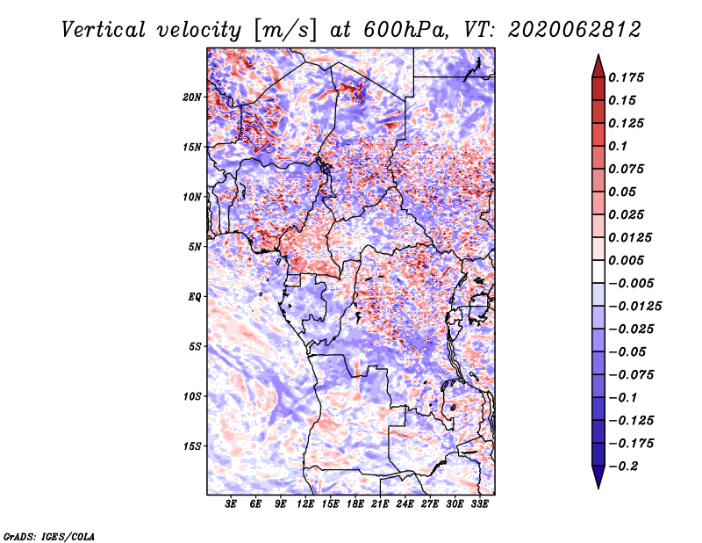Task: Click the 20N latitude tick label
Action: pyautogui.click(x=192, y=97)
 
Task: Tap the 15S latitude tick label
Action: pyautogui.click(x=192, y=445)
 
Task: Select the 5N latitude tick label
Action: pyautogui.click(x=195, y=246)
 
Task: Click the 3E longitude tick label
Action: pyautogui.click(x=232, y=504)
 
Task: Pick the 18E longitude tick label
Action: pyautogui.click(x=356, y=504)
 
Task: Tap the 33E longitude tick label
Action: pyautogui.click(x=480, y=504)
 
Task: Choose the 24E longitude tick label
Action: pyautogui.click(x=405, y=504)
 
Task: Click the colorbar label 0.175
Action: pyautogui.click(x=627, y=77)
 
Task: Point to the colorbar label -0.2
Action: pyautogui.click(x=625, y=466)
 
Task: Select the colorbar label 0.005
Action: pyautogui.click(x=627, y=260)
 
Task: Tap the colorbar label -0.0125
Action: pyautogui.click(x=637, y=306)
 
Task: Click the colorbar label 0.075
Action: pyautogui.click(x=627, y=169)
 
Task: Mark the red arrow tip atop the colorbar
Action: pyautogui.click(x=598, y=60)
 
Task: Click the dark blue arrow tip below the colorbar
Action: pyautogui.click(x=598, y=482)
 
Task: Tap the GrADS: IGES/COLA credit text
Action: pyautogui.click(x=48, y=535)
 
